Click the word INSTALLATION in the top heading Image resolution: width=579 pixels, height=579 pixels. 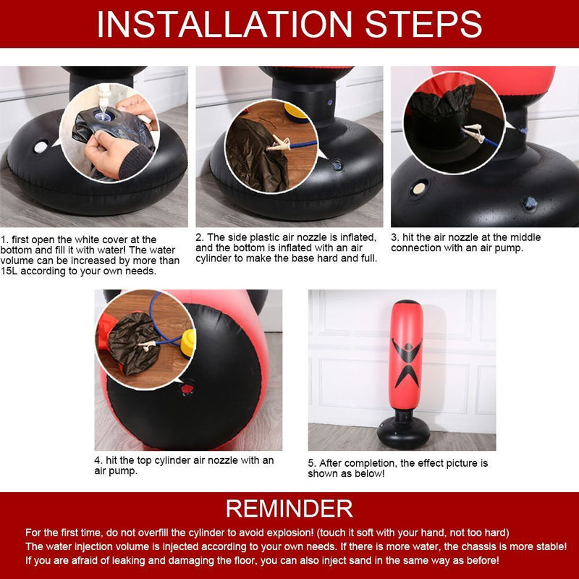pos(224,24)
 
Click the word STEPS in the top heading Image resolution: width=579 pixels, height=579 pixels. pos(423,24)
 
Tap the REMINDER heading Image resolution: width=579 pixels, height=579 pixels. pos(289,509)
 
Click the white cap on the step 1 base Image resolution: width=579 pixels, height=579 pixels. pos(41,147)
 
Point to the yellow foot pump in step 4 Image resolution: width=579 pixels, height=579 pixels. pos(188,343)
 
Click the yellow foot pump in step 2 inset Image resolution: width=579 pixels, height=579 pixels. pos(295,111)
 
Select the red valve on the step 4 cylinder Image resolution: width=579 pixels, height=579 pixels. pos(187,389)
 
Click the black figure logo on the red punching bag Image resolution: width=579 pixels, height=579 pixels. pos(407,361)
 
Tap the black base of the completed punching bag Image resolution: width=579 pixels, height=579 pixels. pos(404,432)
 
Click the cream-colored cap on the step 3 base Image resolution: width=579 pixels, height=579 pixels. pos(419,188)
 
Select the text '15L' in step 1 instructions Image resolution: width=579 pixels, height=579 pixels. pos(9,271)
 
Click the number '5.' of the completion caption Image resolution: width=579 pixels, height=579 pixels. pos(312,463)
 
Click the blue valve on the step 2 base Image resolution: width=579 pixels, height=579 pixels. pos(337,165)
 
